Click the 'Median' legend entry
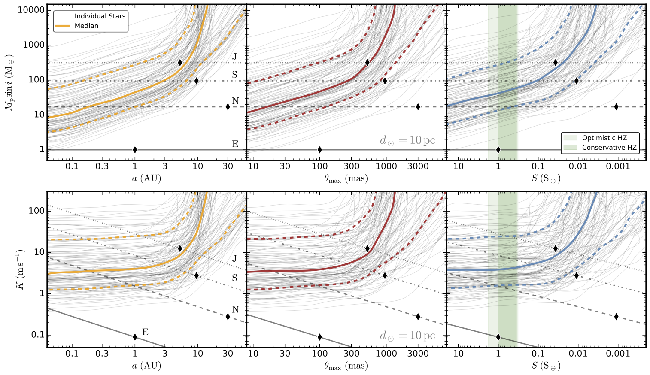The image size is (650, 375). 86,26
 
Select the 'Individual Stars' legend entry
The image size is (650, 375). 100,16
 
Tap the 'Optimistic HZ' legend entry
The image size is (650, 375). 604,138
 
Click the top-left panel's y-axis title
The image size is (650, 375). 9,82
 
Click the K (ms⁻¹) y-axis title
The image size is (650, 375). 20,269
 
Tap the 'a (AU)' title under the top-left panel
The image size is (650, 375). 146,178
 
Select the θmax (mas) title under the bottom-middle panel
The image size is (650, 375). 346,366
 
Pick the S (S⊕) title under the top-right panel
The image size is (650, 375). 546,178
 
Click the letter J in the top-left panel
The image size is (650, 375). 234,56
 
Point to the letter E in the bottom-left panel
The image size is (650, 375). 145,332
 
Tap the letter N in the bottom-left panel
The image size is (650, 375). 235,309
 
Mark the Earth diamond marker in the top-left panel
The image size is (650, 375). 135,150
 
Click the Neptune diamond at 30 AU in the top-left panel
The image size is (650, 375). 228,107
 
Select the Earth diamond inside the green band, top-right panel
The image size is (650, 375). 498,150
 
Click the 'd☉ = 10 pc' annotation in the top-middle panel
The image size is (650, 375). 407,140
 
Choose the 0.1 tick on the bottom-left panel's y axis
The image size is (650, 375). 38,335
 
